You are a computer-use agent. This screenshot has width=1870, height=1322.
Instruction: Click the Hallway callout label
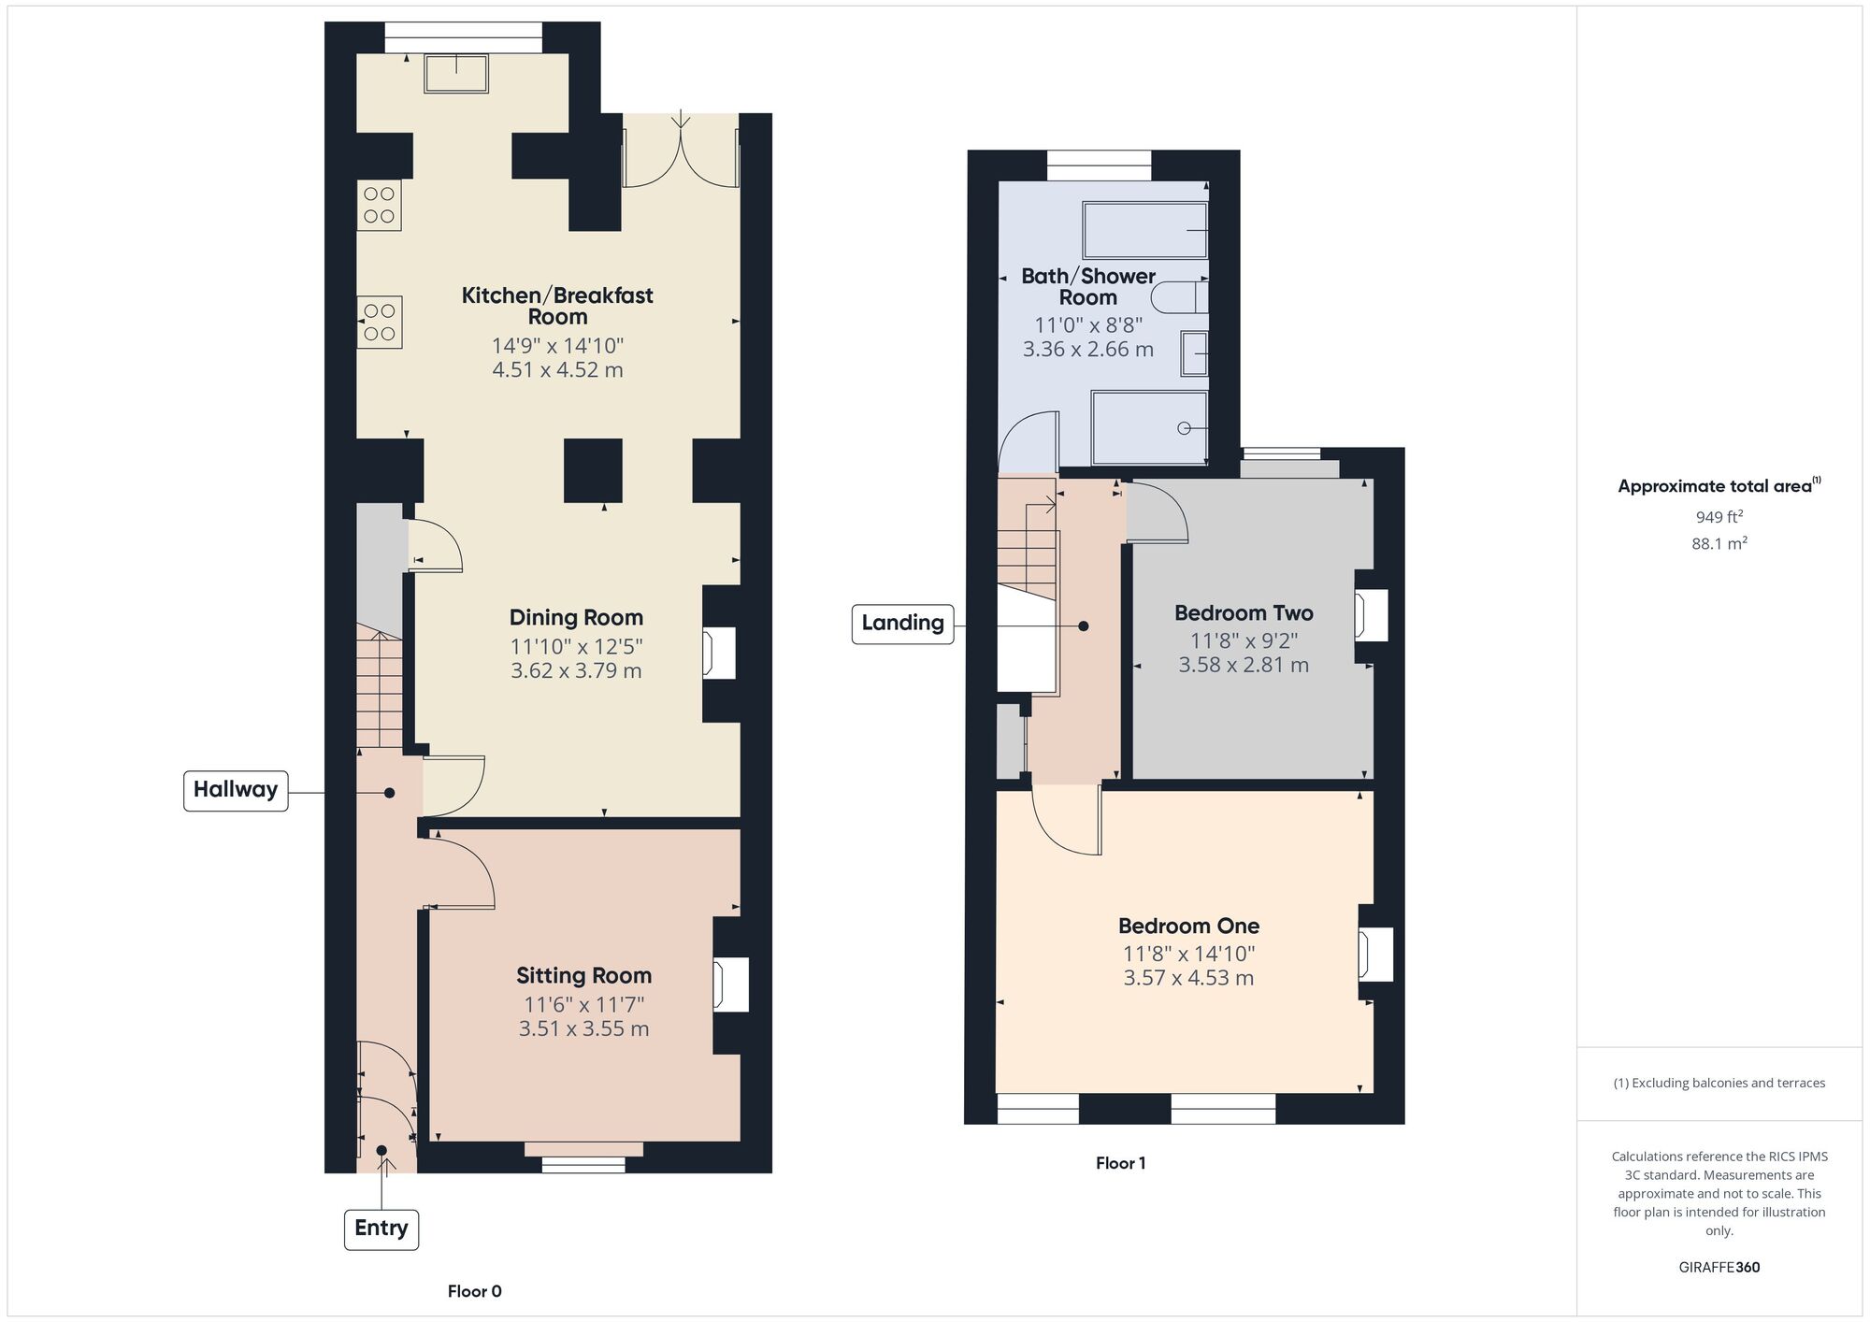point(236,790)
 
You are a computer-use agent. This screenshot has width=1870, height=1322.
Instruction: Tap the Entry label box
point(381,1229)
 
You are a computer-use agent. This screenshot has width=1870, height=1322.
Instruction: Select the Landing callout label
point(902,624)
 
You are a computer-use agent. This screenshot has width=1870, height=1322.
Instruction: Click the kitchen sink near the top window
point(456,74)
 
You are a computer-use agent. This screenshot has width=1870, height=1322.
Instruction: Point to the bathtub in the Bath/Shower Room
point(1144,230)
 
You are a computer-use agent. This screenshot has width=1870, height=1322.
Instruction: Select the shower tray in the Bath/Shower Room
point(1149,427)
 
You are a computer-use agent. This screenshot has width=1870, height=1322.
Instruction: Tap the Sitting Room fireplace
point(731,984)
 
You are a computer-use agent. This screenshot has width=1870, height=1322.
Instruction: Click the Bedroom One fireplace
point(1375,955)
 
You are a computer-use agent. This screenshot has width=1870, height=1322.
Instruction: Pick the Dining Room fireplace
point(719,653)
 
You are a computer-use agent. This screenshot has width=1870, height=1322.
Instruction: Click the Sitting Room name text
point(583,976)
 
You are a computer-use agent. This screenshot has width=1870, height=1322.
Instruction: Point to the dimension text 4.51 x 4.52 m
point(557,370)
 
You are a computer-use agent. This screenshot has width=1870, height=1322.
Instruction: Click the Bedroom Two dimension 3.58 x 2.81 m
point(1244,666)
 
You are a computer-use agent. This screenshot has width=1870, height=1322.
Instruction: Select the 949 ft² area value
point(1719,517)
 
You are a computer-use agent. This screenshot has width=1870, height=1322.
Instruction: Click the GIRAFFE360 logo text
point(1719,1268)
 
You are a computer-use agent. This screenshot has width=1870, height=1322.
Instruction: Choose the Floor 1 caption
point(1120,1164)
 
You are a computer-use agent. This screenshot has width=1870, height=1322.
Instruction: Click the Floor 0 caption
point(474,1292)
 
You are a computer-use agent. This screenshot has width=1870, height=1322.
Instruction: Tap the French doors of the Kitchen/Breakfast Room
point(681,150)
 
